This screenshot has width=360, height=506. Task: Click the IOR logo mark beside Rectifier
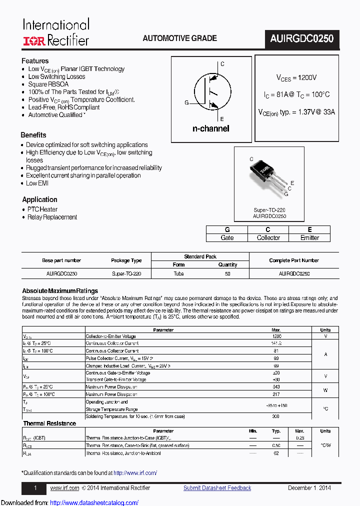[34, 40]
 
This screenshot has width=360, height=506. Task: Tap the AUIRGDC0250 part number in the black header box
[302, 39]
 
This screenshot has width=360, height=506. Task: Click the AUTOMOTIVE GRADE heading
[179, 38]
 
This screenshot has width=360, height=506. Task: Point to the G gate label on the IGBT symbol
[186, 102]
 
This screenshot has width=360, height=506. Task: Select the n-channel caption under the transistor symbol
[210, 128]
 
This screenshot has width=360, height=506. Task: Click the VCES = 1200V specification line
[296, 78]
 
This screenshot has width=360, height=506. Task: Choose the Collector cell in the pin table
[268, 237]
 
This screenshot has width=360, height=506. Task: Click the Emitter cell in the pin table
[309, 237]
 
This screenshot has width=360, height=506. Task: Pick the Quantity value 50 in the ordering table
[227, 273]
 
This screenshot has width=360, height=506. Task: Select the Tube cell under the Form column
[178, 273]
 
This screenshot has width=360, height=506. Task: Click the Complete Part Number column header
[293, 260]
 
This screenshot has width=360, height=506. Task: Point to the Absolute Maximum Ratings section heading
[60, 291]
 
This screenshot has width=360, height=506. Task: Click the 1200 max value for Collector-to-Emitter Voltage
[276, 336]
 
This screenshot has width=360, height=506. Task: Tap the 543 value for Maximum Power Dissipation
[276, 387]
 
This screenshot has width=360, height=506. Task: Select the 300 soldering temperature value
[276, 416]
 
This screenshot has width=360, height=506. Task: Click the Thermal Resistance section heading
[49, 423]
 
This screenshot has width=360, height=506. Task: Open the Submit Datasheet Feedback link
[217, 488]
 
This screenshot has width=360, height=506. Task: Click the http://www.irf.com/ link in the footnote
[135, 472]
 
